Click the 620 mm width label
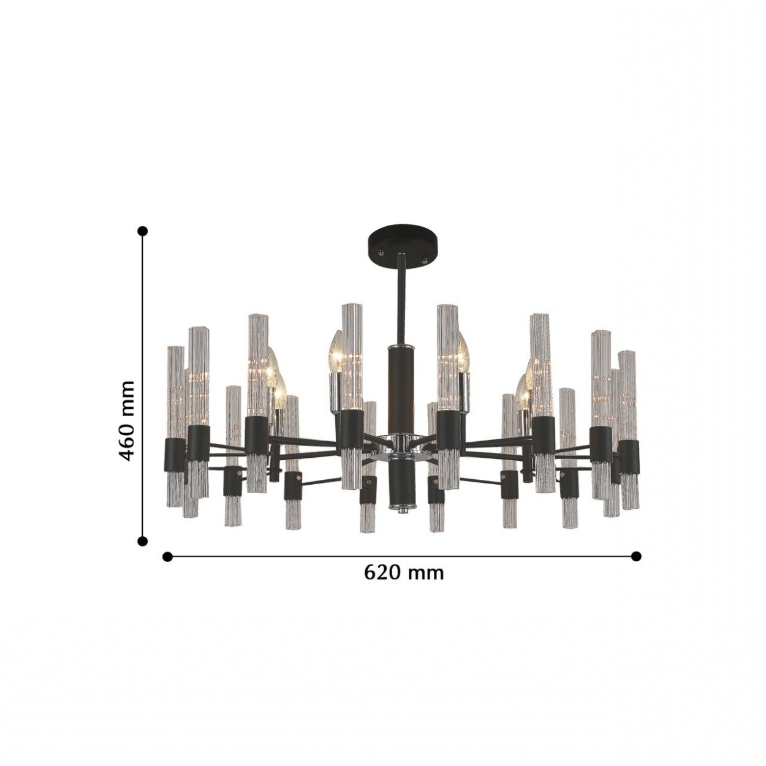pos(404,573)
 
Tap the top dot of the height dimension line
pos(142,231)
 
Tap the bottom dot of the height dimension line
pos(142,541)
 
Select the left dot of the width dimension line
pos(168,556)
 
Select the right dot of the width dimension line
pos(637,556)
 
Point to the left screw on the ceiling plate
pos(382,251)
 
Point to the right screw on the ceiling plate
pos(424,260)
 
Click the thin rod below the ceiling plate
pos(401,300)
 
